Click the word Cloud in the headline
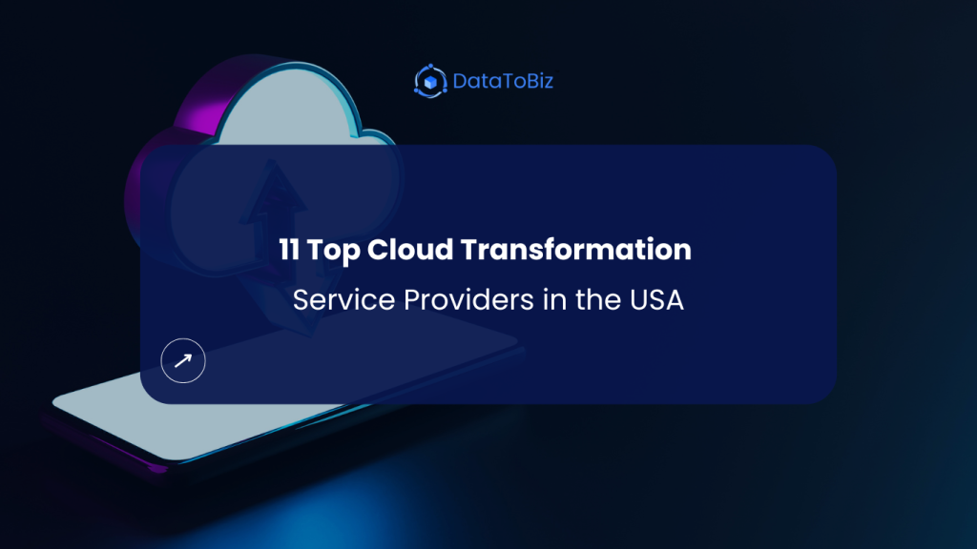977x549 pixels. [407, 251]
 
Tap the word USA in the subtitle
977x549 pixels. [658, 301]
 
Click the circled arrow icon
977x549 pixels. [183, 360]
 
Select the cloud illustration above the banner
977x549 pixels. [286, 105]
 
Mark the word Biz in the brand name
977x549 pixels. [539, 81]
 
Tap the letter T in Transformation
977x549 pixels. [468, 251]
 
